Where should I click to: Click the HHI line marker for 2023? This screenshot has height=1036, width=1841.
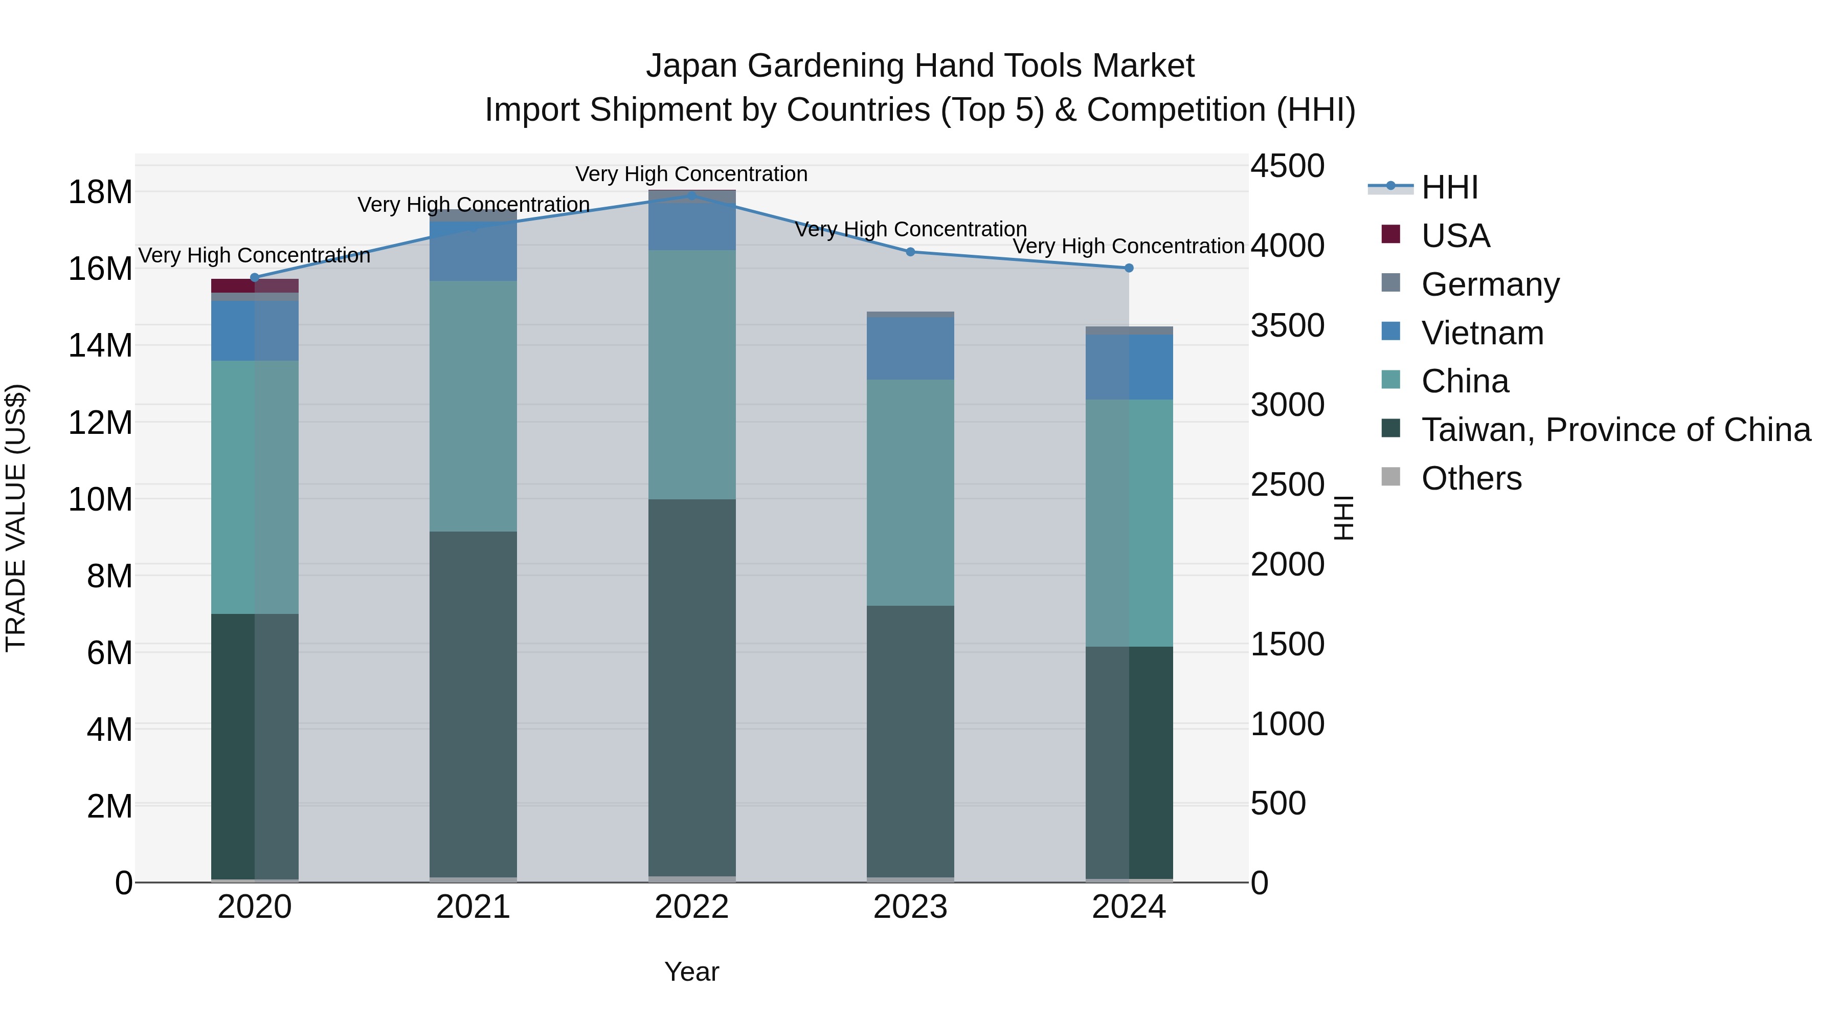[x=910, y=252]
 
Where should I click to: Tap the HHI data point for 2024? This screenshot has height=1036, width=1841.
[x=1129, y=268]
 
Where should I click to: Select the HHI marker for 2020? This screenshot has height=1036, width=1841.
[x=255, y=277]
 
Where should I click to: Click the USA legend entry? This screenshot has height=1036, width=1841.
[x=1455, y=236]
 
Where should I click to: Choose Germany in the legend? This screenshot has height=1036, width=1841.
[x=1490, y=284]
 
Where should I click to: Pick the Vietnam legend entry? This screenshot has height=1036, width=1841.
[x=1482, y=333]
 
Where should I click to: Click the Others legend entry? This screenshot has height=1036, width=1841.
[x=1471, y=478]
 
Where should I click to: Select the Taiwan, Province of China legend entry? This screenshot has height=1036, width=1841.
[x=1615, y=430]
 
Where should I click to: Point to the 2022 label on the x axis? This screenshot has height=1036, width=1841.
[x=691, y=907]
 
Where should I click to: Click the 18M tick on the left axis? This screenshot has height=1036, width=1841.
[x=100, y=192]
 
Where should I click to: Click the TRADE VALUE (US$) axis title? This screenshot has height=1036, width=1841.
[x=16, y=518]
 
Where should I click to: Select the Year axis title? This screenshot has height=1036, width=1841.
[x=691, y=972]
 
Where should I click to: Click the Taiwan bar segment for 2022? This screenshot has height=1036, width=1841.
[x=691, y=687]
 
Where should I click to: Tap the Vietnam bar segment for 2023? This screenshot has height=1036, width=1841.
[x=910, y=349]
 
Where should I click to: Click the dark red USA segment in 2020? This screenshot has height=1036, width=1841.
[x=234, y=285]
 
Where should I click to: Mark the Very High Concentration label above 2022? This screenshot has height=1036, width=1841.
[x=691, y=174]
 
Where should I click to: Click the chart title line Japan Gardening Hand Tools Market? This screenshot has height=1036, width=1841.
[x=920, y=66]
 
